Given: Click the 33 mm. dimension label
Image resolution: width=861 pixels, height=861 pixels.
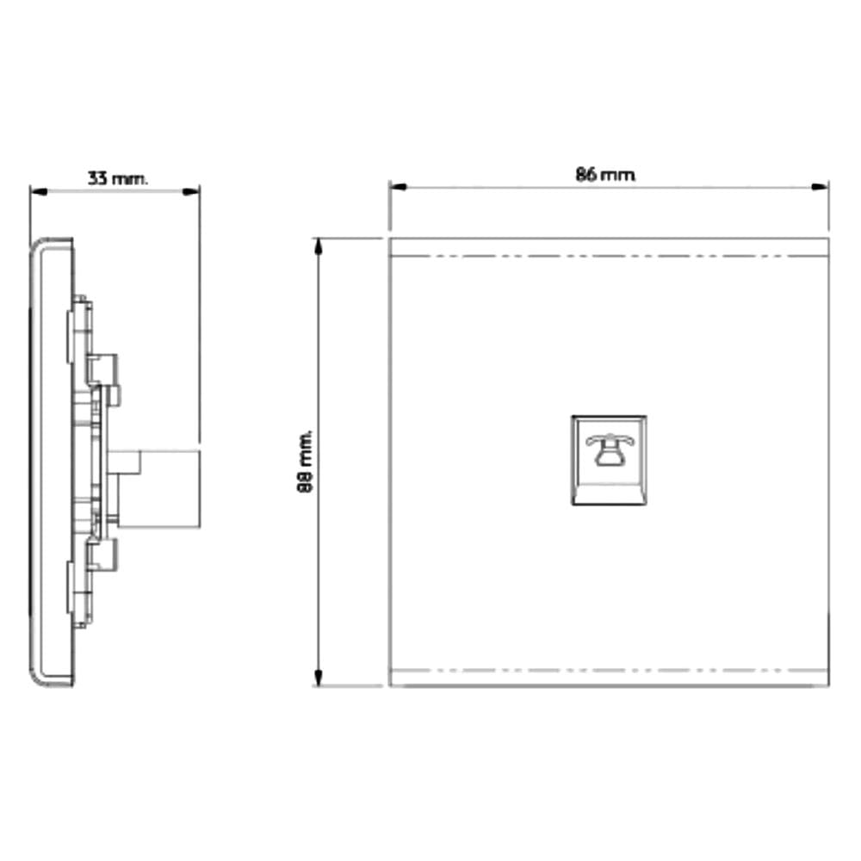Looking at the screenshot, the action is click(117, 178).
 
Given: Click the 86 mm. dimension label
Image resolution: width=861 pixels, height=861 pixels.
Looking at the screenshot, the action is click(605, 175).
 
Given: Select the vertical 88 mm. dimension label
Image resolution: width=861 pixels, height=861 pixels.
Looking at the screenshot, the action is click(306, 461).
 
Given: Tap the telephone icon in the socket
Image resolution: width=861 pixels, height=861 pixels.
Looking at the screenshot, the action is click(609, 449).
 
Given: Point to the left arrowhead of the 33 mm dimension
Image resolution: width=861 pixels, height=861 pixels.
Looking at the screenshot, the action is click(39, 192).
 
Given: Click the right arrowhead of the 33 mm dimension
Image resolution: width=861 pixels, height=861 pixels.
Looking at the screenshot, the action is click(191, 192).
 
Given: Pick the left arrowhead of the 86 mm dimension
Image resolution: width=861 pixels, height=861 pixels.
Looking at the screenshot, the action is click(398, 187).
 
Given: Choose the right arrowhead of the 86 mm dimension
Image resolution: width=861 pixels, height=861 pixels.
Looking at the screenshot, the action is click(820, 187).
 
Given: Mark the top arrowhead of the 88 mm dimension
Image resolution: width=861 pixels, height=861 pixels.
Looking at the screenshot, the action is click(318, 248).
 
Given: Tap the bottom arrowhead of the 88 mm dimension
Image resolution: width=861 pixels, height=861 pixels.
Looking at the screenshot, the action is click(318, 677).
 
